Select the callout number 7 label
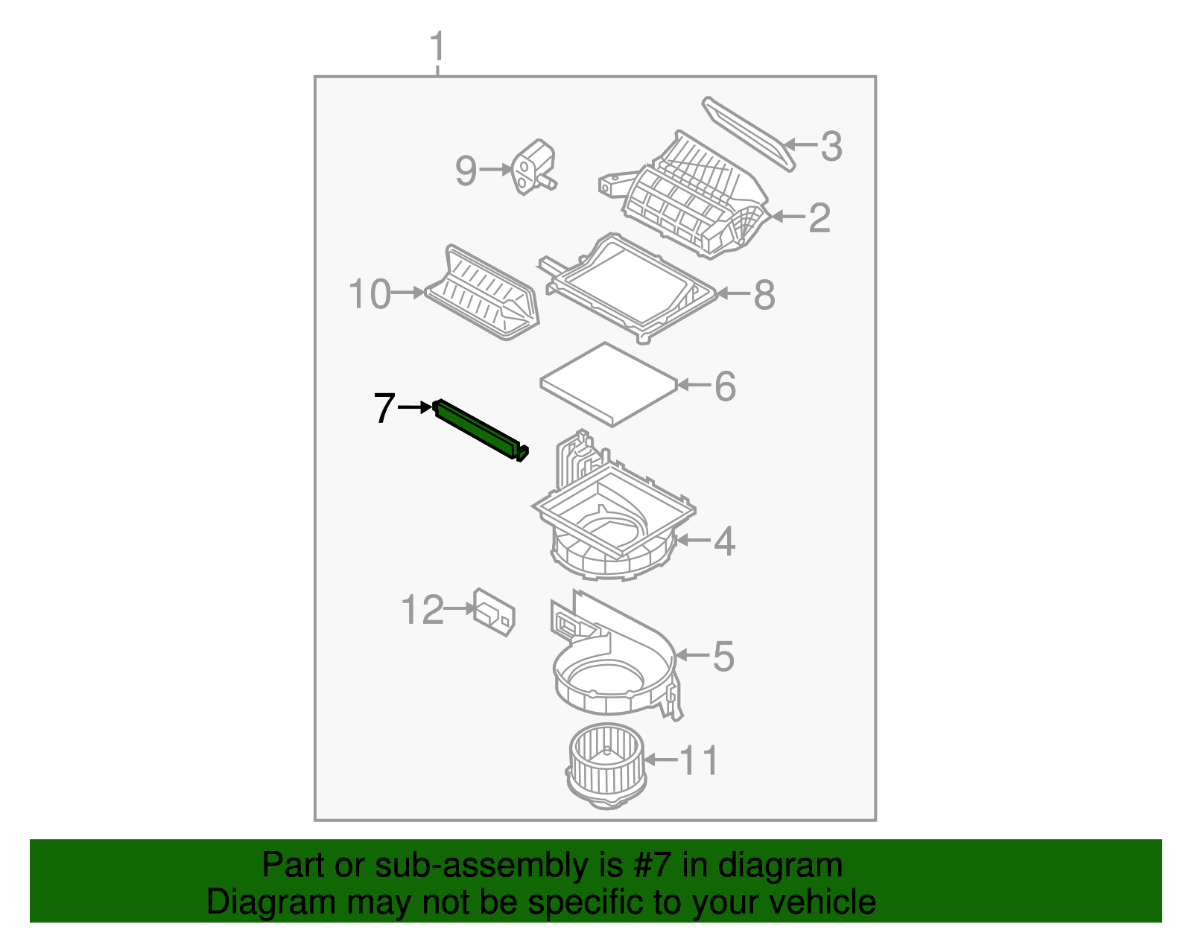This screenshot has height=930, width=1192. (384, 408)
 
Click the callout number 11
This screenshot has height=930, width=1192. (699, 760)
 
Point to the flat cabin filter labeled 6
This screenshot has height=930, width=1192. (609, 383)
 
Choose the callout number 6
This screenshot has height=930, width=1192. (725, 386)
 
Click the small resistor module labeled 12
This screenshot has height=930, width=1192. (494, 611)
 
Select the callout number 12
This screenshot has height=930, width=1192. (422, 611)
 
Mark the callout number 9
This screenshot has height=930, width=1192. (466, 171)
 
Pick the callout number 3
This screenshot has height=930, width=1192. (831, 146)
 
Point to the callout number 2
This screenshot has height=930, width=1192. (819, 217)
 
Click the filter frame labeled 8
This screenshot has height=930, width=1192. (630, 287)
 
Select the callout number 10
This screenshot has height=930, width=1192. (370, 294)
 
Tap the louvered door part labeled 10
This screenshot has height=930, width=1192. (483, 294)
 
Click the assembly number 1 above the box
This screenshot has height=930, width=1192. (437, 47)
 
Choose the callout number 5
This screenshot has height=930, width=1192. (723, 656)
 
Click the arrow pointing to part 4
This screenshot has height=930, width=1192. (689, 540)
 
